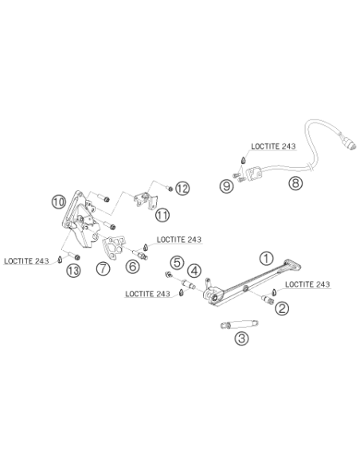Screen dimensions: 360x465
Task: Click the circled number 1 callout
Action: pyautogui.click(x=266, y=258)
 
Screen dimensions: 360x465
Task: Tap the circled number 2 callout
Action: pyautogui.click(x=282, y=308)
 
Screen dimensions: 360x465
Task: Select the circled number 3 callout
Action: pyautogui.click(x=241, y=338)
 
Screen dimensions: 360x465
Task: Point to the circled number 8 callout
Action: pyautogui.click(x=295, y=183)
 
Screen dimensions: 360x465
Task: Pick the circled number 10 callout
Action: pyautogui.click(x=59, y=202)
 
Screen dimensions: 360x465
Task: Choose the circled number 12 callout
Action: pyautogui.click(x=182, y=189)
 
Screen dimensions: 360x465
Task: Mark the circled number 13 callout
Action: pyautogui.click(x=73, y=270)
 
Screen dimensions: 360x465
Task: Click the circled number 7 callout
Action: pyautogui.click(x=104, y=268)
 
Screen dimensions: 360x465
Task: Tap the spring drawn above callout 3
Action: pyautogui.click(x=239, y=324)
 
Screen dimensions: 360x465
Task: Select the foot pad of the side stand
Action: pyautogui.click(x=292, y=265)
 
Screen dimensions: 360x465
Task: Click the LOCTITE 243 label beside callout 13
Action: pyautogui.click(x=26, y=261)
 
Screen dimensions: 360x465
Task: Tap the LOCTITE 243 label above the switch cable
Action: pyautogui.click(x=273, y=147)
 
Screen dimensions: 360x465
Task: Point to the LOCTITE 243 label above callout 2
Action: pyautogui.click(x=307, y=284)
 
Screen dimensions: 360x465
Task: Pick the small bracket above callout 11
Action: pyautogui.click(x=145, y=200)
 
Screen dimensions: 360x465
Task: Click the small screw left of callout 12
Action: pyautogui.click(x=170, y=188)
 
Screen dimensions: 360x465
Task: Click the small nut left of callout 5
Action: pyautogui.click(x=168, y=275)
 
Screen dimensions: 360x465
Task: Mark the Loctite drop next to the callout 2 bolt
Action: pyautogui.click(x=275, y=291)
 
